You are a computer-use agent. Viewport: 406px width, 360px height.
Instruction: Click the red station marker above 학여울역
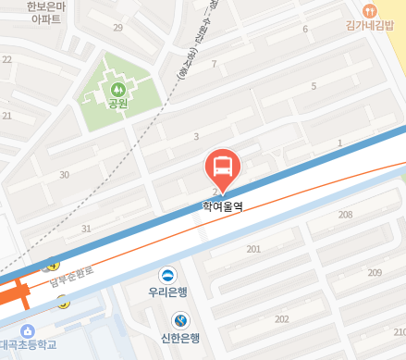coord(222,168)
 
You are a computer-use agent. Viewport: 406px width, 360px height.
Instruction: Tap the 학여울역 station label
coord(222,208)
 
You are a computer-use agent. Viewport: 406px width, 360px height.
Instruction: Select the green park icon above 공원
coord(117,90)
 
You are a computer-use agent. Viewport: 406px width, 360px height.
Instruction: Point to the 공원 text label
coord(117,105)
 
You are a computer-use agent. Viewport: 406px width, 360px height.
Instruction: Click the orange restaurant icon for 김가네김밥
coord(370,11)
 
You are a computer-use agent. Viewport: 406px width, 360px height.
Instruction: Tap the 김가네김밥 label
coord(375,26)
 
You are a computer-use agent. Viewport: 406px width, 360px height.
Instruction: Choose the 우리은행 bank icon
coord(167,274)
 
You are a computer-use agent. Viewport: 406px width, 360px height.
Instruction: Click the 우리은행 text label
coord(167,291)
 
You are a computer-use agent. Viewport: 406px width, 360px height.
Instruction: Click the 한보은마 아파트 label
coord(43,12)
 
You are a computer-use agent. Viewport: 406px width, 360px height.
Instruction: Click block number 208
coord(345,215)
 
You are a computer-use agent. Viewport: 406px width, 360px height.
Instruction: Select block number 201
coord(254,249)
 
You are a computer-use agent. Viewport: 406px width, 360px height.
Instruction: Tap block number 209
coord(375,272)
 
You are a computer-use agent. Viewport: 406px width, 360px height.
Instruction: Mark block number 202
coord(282,318)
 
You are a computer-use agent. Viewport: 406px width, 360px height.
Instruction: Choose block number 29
coord(117,28)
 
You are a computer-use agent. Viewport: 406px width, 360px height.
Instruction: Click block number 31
coord(86,229)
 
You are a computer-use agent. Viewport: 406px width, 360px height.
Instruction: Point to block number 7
coord(214,64)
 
